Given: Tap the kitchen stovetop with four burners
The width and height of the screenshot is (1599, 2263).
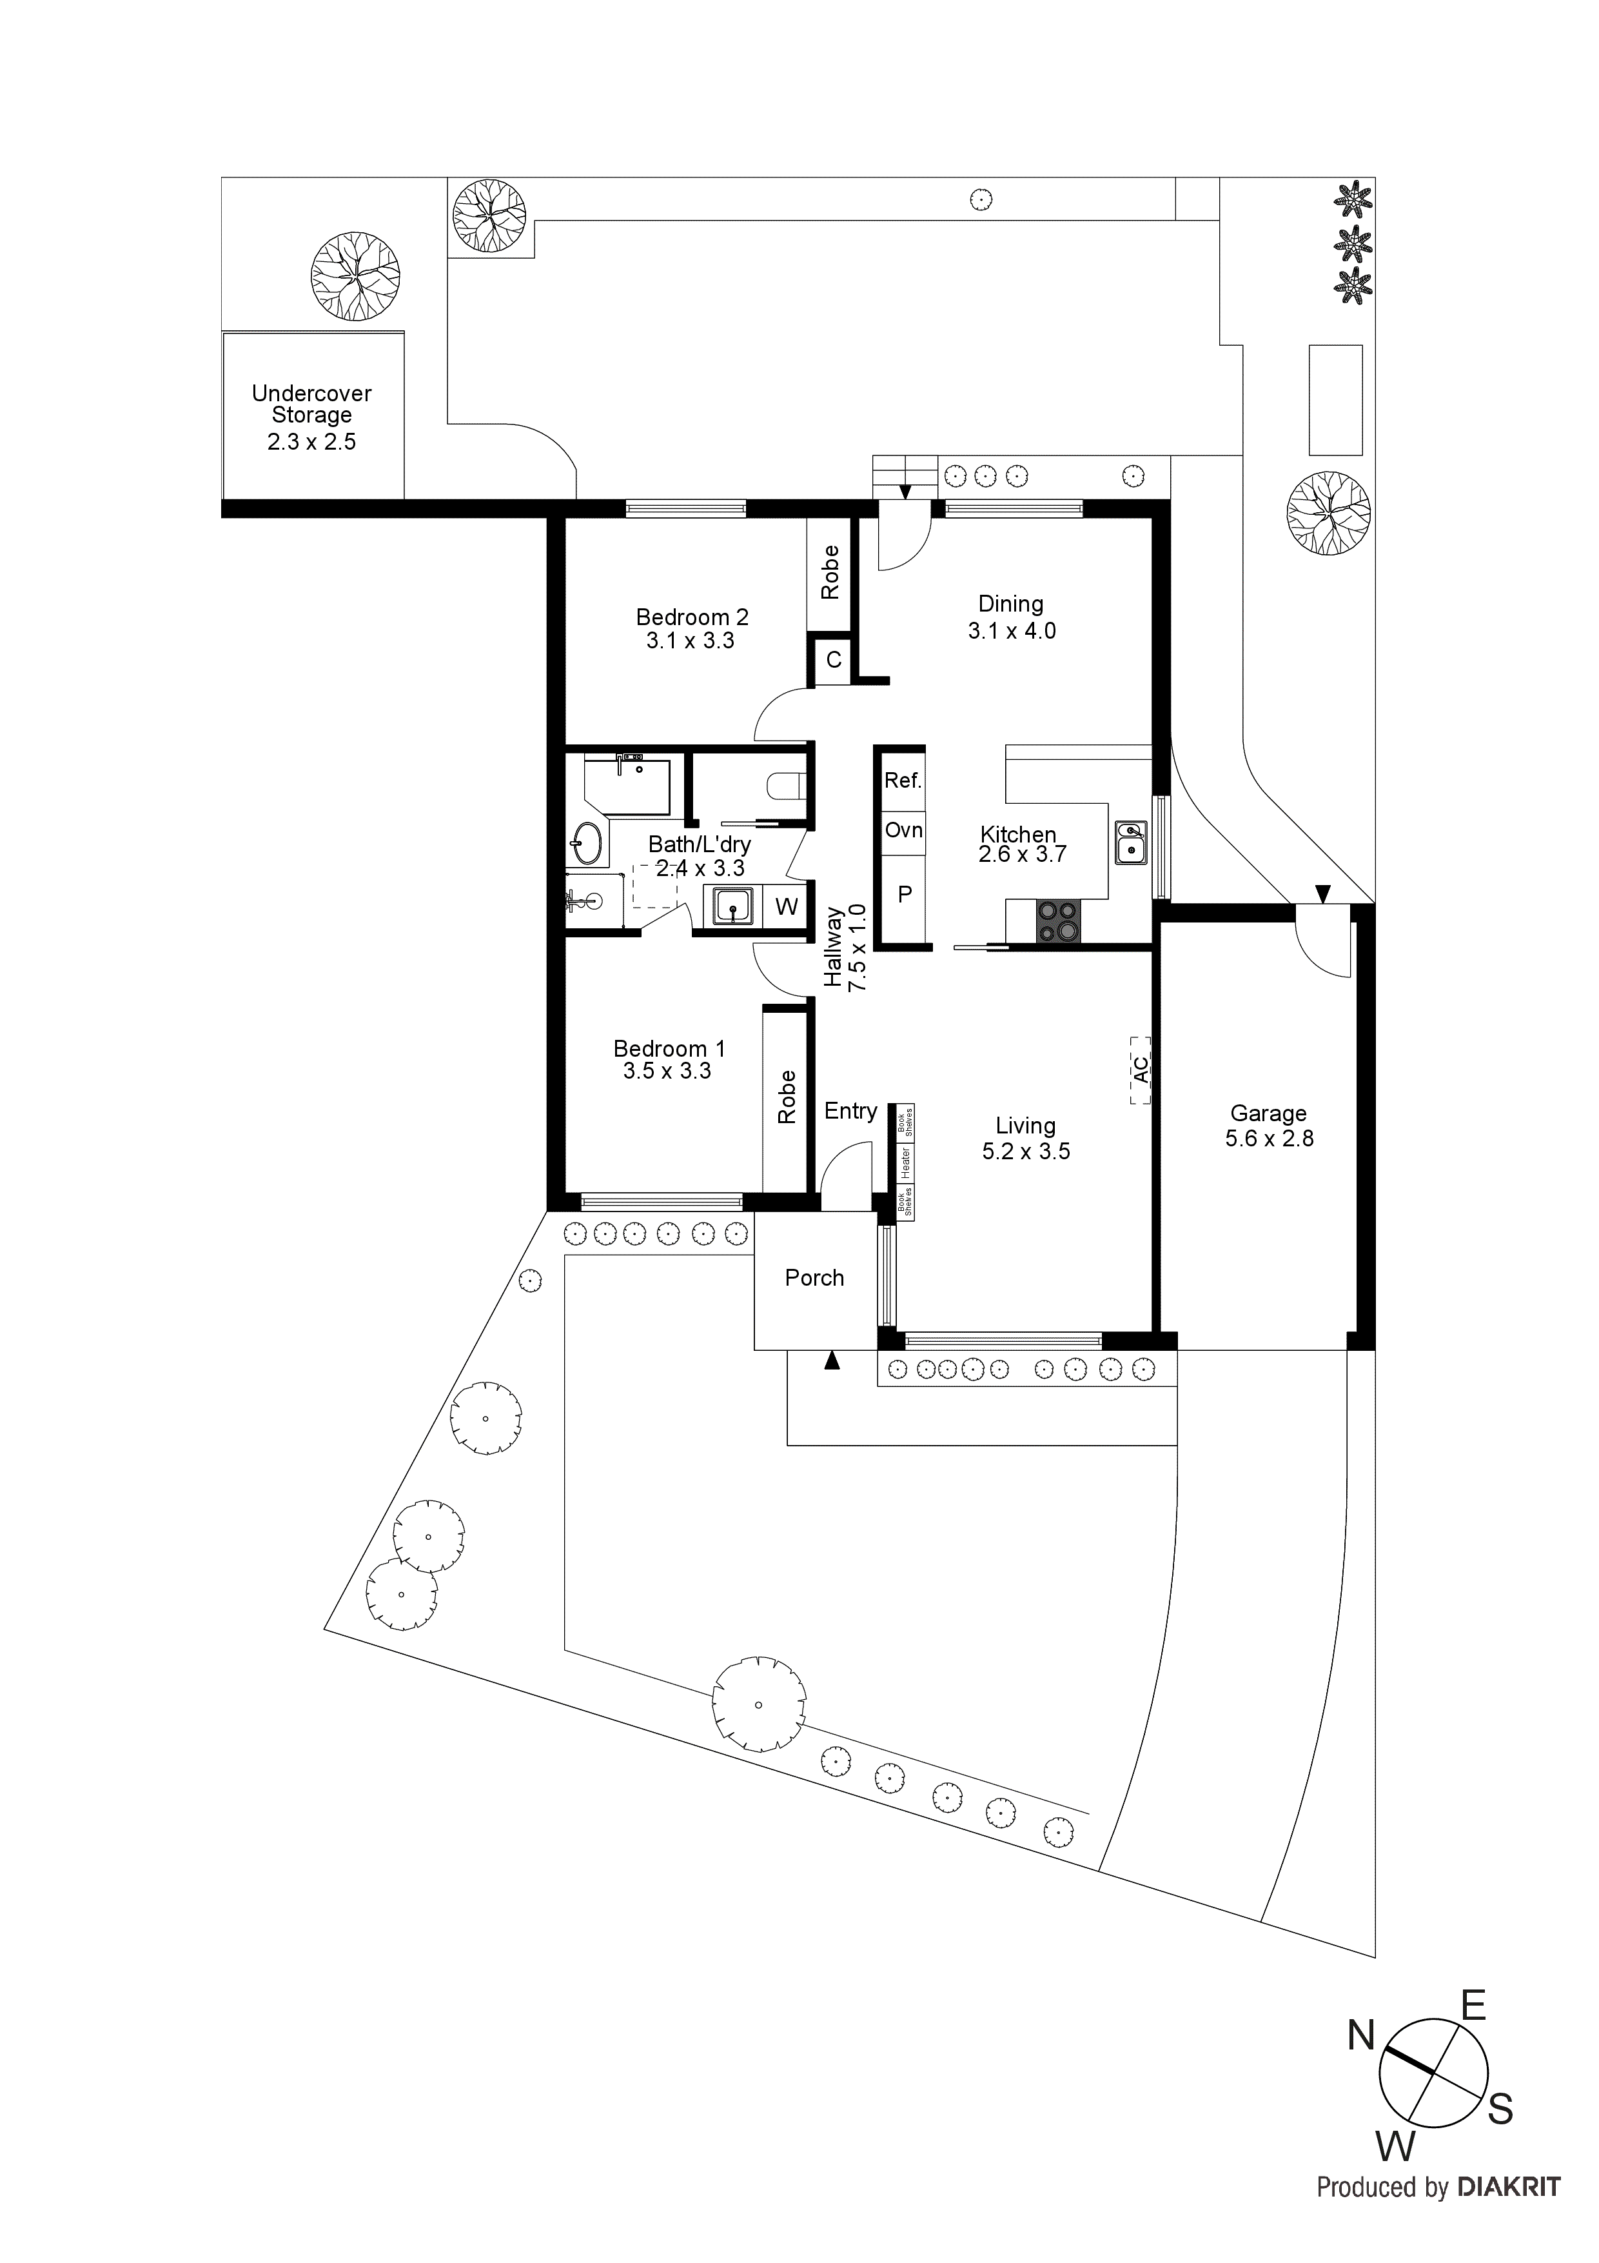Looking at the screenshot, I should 1058,922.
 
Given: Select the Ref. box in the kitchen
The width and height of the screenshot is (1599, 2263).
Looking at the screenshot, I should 903,781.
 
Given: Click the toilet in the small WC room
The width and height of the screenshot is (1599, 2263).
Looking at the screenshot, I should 787,786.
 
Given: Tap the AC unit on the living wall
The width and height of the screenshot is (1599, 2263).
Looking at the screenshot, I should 1140,1070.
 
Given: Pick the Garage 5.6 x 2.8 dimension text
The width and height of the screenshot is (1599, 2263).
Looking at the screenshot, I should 1269,1139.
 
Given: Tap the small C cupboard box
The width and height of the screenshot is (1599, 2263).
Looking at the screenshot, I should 834,661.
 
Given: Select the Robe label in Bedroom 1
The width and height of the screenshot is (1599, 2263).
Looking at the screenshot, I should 786,1097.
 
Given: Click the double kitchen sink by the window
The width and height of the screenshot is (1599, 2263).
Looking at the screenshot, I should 1131,842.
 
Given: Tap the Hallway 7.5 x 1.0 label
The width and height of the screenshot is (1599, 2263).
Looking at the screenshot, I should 845,947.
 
